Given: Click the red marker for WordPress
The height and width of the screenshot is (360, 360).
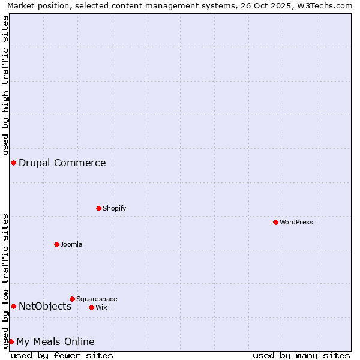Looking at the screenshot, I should [x=275, y=222].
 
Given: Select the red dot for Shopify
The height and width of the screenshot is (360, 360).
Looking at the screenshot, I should [x=98, y=208].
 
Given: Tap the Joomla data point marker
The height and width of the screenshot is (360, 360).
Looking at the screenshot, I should [x=56, y=244].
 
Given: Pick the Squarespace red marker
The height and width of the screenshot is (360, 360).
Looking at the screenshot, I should [x=72, y=299].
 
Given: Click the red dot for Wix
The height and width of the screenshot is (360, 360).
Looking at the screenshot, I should [x=91, y=307].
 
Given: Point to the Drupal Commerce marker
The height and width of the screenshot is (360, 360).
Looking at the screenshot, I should [x=13, y=163].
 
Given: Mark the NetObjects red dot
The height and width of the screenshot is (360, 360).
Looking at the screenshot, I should [x=13, y=306].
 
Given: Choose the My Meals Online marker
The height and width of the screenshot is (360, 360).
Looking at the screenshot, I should [x=11, y=341].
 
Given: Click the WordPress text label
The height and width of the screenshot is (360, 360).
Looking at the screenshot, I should [x=296, y=223].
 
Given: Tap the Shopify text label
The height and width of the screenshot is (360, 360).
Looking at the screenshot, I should [x=114, y=208].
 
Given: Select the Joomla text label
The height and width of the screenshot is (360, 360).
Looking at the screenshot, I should [x=71, y=244].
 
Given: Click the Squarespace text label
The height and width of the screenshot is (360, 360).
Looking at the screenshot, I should [x=97, y=299].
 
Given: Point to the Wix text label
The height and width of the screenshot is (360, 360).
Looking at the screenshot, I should [x=101, y=307].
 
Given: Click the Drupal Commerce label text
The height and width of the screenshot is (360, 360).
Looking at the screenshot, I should [x=62, y=163].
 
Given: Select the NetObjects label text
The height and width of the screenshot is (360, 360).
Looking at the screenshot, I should [x=45, y=306].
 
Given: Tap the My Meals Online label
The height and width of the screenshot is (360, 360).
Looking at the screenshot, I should [x=55, y=341].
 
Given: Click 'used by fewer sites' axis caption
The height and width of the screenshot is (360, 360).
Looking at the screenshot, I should [x=62, y=355].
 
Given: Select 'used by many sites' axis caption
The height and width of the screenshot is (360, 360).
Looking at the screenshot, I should [x=301, y=355].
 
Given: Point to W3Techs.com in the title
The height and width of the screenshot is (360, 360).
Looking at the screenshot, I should [x=329, y=5].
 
